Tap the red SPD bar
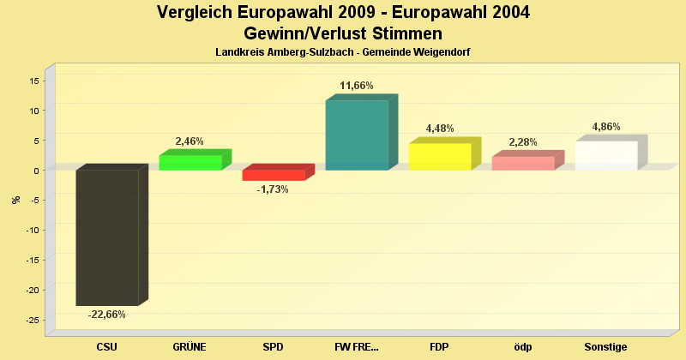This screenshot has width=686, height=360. click(274, 175)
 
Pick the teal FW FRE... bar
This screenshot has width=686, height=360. click(357, 135)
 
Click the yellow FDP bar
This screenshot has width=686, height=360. click(440, 156)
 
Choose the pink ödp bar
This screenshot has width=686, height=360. click(523, 163)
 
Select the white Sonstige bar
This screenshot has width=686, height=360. click(606, 155)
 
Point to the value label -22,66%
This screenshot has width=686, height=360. click(107, 315)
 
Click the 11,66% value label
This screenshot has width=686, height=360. click(357, 86)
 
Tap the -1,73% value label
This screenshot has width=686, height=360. click(274, 189)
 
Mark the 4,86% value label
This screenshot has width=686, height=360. click(606, 127)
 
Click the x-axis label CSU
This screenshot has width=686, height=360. click(107, 347)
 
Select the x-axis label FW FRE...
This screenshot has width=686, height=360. click(357, 347)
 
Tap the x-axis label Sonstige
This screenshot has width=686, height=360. click(606, 347)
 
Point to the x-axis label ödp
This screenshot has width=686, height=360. click(523, 347)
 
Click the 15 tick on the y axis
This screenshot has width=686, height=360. click(34, 81)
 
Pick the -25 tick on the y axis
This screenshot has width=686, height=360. click(32, 321)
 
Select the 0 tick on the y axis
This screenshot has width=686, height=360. click(37, 171)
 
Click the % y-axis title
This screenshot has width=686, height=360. click(15, 200)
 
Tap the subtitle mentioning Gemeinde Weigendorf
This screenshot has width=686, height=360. click(343, 52)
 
